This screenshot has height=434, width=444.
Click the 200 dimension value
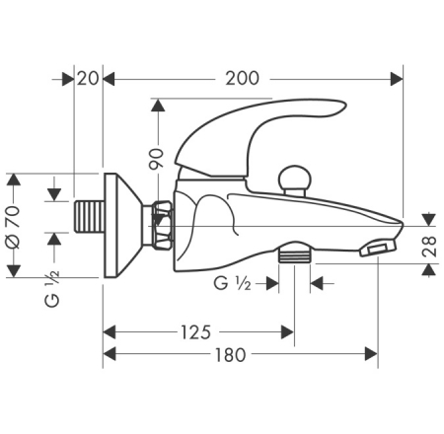pos(242,79)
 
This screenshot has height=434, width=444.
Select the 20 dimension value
pos(88,79)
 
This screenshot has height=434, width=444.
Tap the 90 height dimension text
pos(156,159)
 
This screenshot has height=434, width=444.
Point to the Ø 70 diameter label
pos(14,227)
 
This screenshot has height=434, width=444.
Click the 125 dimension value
pos(196,332)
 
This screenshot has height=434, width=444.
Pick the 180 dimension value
pos(230,355)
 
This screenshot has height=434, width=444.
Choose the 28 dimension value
pos(430,247)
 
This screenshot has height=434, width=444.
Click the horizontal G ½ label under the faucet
pos(232,283)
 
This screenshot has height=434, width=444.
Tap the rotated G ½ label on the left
pos(52,289)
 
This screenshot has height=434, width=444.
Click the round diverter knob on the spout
pos(294,181)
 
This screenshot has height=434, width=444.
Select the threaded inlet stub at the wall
pos(89,216)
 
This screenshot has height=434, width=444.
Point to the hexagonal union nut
pos(163,225)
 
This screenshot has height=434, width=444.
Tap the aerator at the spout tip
pos(378,249)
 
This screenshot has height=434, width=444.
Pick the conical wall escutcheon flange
pos(123,225)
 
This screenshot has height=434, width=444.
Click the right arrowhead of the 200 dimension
pos(397,79)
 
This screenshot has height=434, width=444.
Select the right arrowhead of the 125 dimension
pos(287,332)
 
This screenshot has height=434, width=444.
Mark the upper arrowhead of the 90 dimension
pos(158,106)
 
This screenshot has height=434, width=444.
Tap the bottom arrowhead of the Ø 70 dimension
pos(14,271)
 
